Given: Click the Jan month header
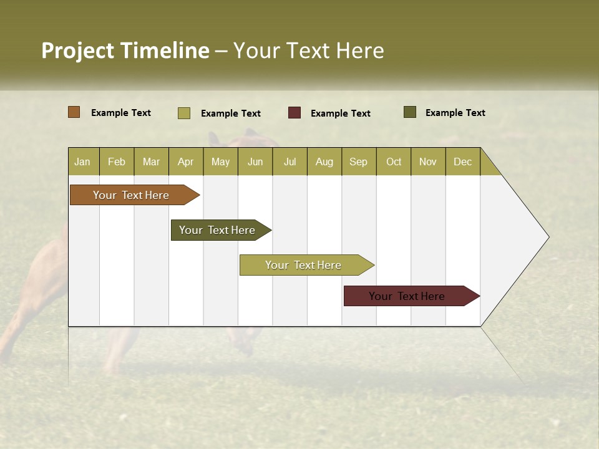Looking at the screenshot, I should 82,162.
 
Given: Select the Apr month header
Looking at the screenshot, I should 186,162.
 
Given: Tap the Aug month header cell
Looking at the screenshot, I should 324,162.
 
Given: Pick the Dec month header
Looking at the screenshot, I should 462,162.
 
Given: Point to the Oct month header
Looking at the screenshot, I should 394,162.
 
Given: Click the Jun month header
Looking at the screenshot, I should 255,162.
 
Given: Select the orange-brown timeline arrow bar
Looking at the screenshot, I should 131,195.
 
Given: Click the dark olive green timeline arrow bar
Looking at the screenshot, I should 217,230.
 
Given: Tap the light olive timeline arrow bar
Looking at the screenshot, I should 303,265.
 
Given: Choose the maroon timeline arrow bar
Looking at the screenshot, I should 407,296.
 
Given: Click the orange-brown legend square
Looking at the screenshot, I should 74,112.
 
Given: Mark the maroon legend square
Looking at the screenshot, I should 295,112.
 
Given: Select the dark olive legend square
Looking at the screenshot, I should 409,112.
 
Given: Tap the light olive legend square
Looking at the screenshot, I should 184,113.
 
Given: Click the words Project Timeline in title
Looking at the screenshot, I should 125,51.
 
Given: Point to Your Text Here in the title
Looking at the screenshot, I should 309,51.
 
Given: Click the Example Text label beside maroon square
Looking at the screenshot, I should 340,113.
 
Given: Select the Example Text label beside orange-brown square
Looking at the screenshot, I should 121,113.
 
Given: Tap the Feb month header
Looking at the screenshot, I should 117,162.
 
